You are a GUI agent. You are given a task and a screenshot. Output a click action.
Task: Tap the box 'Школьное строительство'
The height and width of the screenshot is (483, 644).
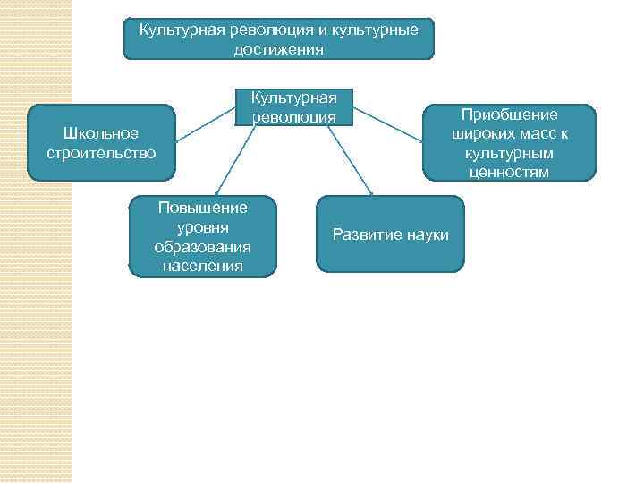(x=100, y=143)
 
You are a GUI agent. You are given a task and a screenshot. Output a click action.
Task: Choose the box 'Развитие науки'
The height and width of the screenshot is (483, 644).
(x=390, y=234)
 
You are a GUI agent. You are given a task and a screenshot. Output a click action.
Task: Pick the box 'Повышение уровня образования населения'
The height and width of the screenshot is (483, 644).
(x=202, y=236)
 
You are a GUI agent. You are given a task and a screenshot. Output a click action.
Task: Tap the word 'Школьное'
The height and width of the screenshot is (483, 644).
(x=101, y=133)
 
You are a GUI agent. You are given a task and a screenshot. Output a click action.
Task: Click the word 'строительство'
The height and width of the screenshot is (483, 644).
(x=101, y=153)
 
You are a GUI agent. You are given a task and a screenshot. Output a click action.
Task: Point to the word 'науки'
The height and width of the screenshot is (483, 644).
(x=427, y=234)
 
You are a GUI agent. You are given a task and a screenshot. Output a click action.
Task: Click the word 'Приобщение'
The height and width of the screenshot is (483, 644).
(x=509, y=114)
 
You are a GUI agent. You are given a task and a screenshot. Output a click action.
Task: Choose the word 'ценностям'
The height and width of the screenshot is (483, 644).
(x=509, y=172)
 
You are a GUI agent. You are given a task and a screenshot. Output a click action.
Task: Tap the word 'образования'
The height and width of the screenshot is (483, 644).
(x=202, y=246)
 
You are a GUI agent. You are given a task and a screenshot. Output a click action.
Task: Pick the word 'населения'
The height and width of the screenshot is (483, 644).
(x=202, y=265)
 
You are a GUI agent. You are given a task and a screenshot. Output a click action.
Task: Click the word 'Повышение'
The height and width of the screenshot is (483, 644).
(x=202, y=208)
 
